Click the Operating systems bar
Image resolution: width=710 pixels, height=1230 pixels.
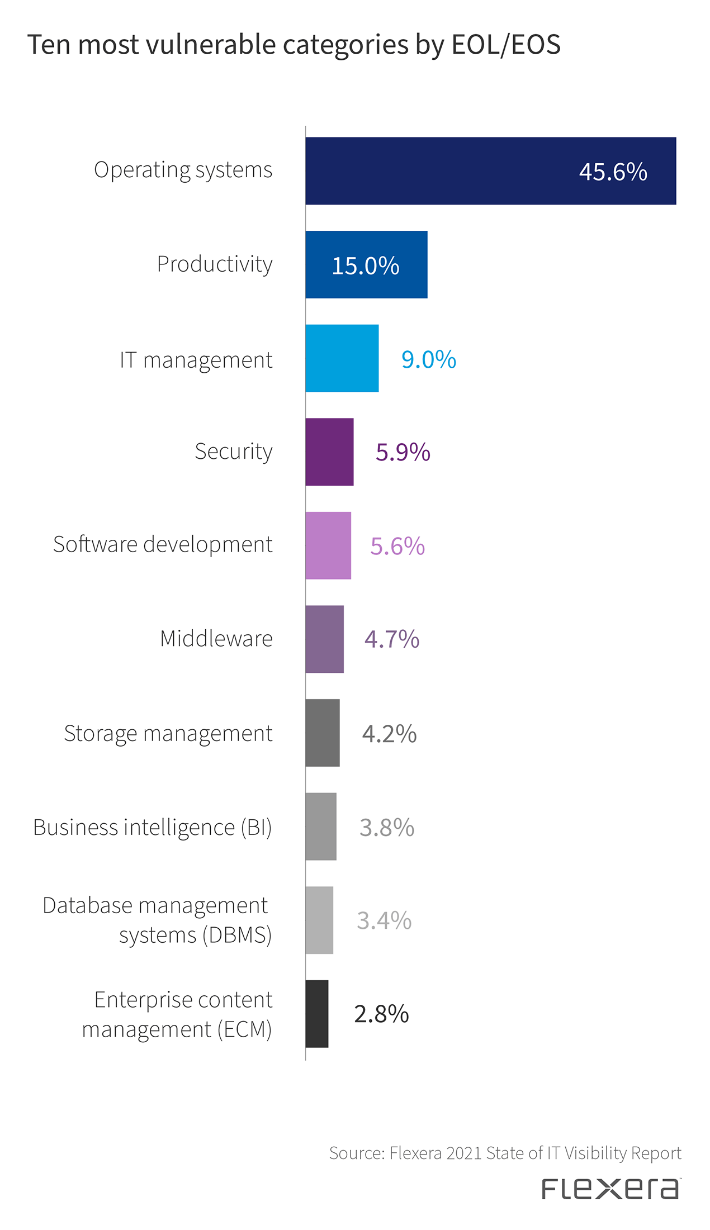(490, 171)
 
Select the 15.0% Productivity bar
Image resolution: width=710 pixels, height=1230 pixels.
(366, 265)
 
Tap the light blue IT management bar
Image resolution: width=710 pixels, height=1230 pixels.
(342, 358)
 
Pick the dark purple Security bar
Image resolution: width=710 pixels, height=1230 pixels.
(329, 452)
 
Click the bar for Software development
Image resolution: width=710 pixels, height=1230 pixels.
(328, 545)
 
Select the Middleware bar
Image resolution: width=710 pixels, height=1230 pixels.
(324, 639)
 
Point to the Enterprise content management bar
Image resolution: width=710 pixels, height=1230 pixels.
(316, 1014)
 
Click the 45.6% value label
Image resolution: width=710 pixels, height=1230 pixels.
(613, 172)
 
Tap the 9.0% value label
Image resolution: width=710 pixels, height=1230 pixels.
(429, 359)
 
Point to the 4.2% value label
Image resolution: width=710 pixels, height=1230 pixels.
(389, 734)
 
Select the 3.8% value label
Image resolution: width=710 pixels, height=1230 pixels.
(387, 828)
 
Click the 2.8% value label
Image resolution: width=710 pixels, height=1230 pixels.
(381, 1014)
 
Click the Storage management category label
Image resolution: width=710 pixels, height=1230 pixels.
(168, 734)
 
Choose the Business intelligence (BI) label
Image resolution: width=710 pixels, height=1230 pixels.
(152, 828)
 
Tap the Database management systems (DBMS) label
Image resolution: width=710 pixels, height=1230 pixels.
(157, 920)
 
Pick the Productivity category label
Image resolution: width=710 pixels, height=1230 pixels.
(215, 264)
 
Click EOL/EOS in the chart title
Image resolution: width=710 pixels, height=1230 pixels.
(505, 45)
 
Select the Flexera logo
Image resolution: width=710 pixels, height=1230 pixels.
(610, 1189)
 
